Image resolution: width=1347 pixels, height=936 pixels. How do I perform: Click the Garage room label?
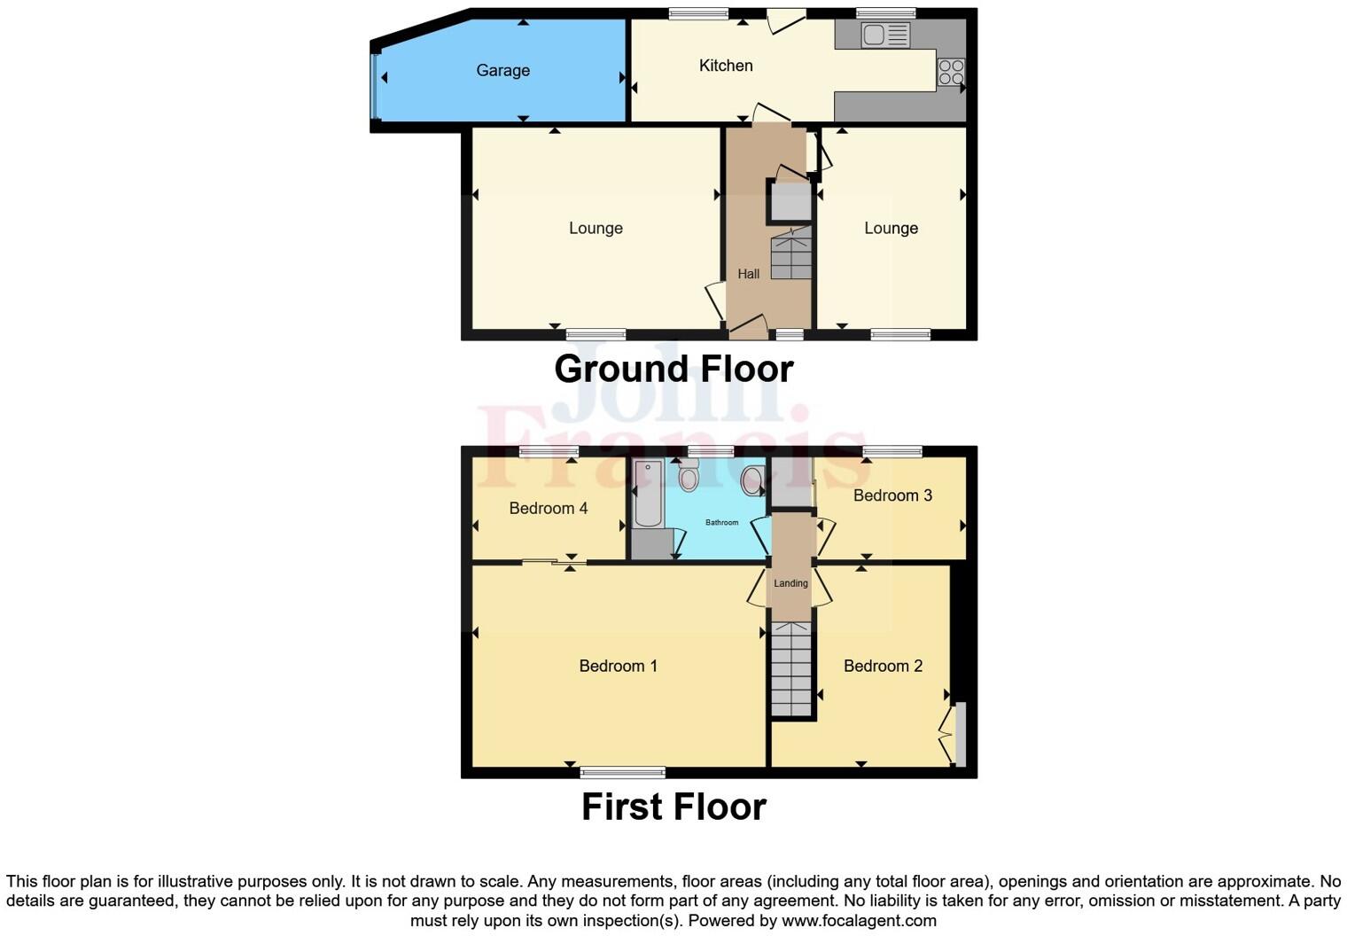(x=502, y=71)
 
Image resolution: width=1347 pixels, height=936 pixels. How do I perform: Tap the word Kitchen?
(x=725, y=66)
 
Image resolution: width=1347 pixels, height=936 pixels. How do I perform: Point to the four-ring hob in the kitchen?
(x=951, y=72)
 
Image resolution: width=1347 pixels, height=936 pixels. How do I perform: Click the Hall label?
(x=748, y=274)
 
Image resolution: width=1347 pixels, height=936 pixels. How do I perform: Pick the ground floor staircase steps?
(x=790, y=254)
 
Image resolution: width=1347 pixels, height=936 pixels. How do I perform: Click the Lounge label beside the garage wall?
(x=595, y=229)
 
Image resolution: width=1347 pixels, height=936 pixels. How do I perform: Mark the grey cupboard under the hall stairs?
(x=790, y=201)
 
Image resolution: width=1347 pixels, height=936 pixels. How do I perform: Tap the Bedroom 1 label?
(x=618, y=666)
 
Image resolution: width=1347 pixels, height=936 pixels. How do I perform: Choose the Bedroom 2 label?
(x=883, y=666)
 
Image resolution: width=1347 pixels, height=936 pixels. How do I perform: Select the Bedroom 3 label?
(x=892, y=495)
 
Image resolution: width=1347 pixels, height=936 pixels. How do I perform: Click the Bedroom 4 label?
(x=548, y=508)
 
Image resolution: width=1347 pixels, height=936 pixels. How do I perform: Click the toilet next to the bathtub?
(x=689, y=477)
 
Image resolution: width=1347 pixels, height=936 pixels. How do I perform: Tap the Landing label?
(x=790, y=583)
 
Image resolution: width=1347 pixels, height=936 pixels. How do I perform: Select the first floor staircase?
(x=790, y=668)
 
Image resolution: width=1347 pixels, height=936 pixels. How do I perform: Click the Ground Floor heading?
(x=673, y=369)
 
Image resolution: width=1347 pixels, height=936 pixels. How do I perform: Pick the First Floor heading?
(x=673, y=807)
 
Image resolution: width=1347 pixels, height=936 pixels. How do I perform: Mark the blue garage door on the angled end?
(x=375, y=86)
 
